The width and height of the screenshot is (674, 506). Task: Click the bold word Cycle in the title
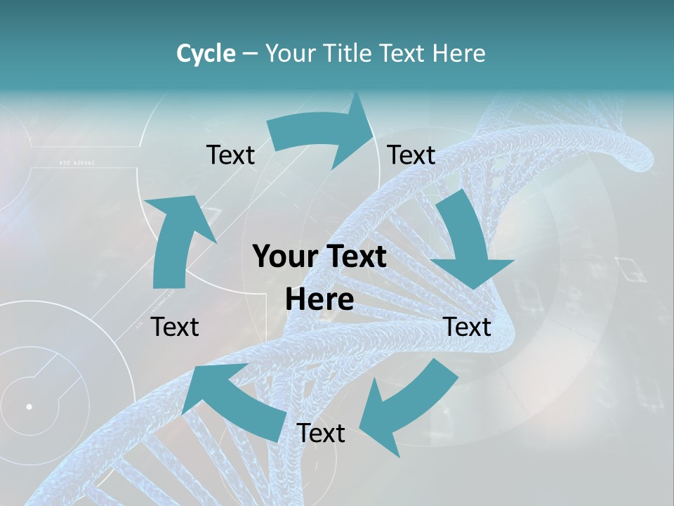(205, 53)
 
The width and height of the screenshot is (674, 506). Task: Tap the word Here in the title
(458, 53)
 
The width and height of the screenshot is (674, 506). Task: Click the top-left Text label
(230, 155)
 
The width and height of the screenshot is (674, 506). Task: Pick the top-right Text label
(411, 155)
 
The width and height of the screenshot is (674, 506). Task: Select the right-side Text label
(467, 327)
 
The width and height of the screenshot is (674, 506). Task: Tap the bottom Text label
(321, 433)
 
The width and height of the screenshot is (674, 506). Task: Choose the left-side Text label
(175, 327)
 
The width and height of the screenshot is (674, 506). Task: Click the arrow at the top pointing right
(323, 134)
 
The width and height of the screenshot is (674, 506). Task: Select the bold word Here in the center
(319, 299)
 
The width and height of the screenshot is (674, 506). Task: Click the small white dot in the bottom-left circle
(29, 406)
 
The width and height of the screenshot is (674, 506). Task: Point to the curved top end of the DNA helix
(635, 144)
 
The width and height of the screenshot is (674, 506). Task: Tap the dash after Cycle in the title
(250, 53)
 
